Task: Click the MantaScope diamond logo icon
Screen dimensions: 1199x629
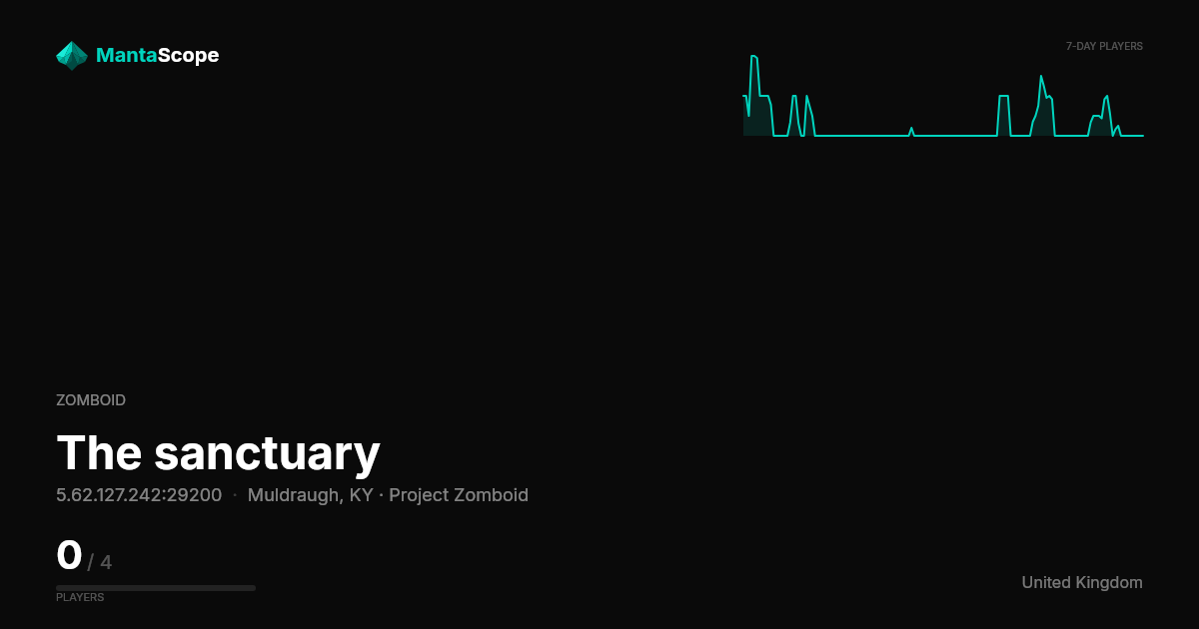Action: click(72, 56)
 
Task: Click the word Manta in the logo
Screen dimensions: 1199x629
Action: click(127, 55)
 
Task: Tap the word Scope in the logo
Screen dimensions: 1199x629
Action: click(189, 56)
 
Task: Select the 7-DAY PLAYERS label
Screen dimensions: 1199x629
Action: click(1104, 47)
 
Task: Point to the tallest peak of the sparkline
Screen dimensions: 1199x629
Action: click(753, 56)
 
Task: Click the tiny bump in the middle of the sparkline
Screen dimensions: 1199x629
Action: click(911, 129)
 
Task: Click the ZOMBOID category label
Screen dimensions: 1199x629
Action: click(91, 400)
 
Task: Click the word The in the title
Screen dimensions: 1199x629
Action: click(99, 452)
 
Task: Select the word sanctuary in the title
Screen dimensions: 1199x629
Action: click(267, 455)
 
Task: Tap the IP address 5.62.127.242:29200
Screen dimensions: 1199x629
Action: click(139, 495)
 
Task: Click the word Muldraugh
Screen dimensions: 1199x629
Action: click(293, 495)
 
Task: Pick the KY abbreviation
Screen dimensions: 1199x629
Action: click(362, 495)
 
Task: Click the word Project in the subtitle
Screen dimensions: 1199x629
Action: click(419, 496)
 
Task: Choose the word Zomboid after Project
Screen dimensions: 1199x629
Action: click(492, 495)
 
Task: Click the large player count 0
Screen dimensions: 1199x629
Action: click(69, 555)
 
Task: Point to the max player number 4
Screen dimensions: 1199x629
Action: click(106, 562)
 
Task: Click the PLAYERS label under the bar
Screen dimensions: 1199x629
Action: click(80, 597)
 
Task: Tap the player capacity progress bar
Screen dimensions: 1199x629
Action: click(156, 588)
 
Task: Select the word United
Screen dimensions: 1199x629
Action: click(1047, 582)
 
